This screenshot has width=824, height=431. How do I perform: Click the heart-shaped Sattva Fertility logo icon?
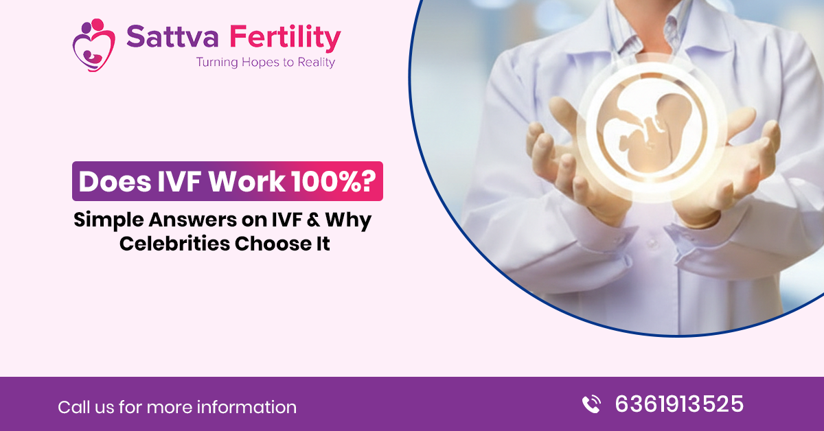point(94,45)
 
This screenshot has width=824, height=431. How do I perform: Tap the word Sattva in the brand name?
point(172,37)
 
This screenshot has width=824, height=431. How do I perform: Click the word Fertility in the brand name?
point(285,39)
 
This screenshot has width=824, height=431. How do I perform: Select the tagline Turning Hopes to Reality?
point(266,62)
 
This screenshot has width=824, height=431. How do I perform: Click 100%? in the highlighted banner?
point(334,181)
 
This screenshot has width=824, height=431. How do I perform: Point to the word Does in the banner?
point(115,181)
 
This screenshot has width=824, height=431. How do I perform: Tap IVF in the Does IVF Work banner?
point(179,181)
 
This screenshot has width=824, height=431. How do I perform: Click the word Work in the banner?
point(247,181)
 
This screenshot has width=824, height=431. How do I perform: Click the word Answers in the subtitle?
point(193,220)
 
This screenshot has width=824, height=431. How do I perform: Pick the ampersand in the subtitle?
point(313,220)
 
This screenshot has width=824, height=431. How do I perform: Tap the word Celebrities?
point(174,244)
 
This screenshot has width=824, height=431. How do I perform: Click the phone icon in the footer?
point(591,404)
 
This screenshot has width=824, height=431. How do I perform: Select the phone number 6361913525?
point(679,404)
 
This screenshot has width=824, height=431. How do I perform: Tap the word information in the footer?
point(247,407)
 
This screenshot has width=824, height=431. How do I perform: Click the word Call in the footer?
point(73,407)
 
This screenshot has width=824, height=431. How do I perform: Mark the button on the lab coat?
point(652,244)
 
